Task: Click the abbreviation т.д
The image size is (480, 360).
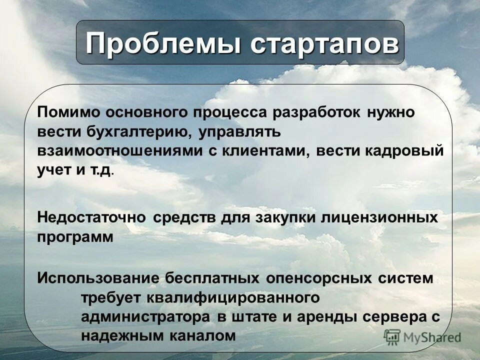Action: (100, 170)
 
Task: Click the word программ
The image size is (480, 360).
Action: (75, 237)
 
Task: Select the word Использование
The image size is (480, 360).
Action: (98, 278)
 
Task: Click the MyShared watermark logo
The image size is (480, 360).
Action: (423, 337)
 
